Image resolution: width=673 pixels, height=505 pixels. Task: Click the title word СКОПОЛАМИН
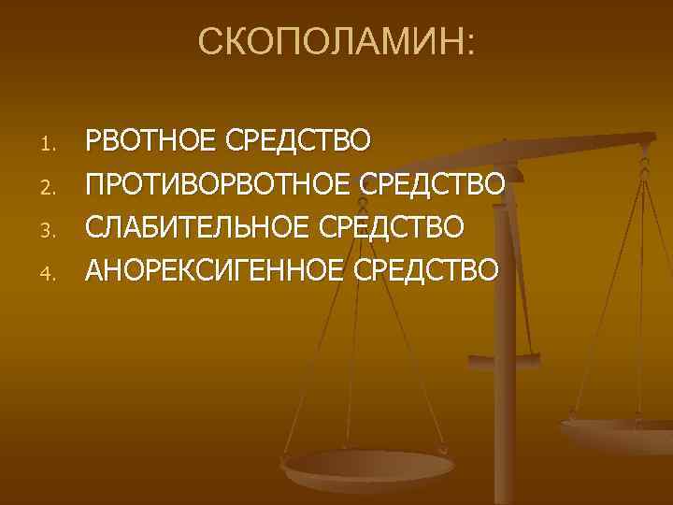(332, 42)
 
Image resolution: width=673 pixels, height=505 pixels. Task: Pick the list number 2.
(51, 190)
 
